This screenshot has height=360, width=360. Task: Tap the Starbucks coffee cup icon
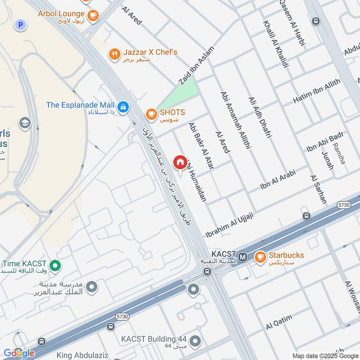click(260, 257)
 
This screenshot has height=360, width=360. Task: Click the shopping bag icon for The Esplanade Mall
click(123, 107)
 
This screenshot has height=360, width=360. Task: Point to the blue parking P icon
click(19, 25)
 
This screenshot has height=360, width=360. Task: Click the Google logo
click(19, 353)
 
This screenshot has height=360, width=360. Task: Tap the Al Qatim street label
click(279, 322)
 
